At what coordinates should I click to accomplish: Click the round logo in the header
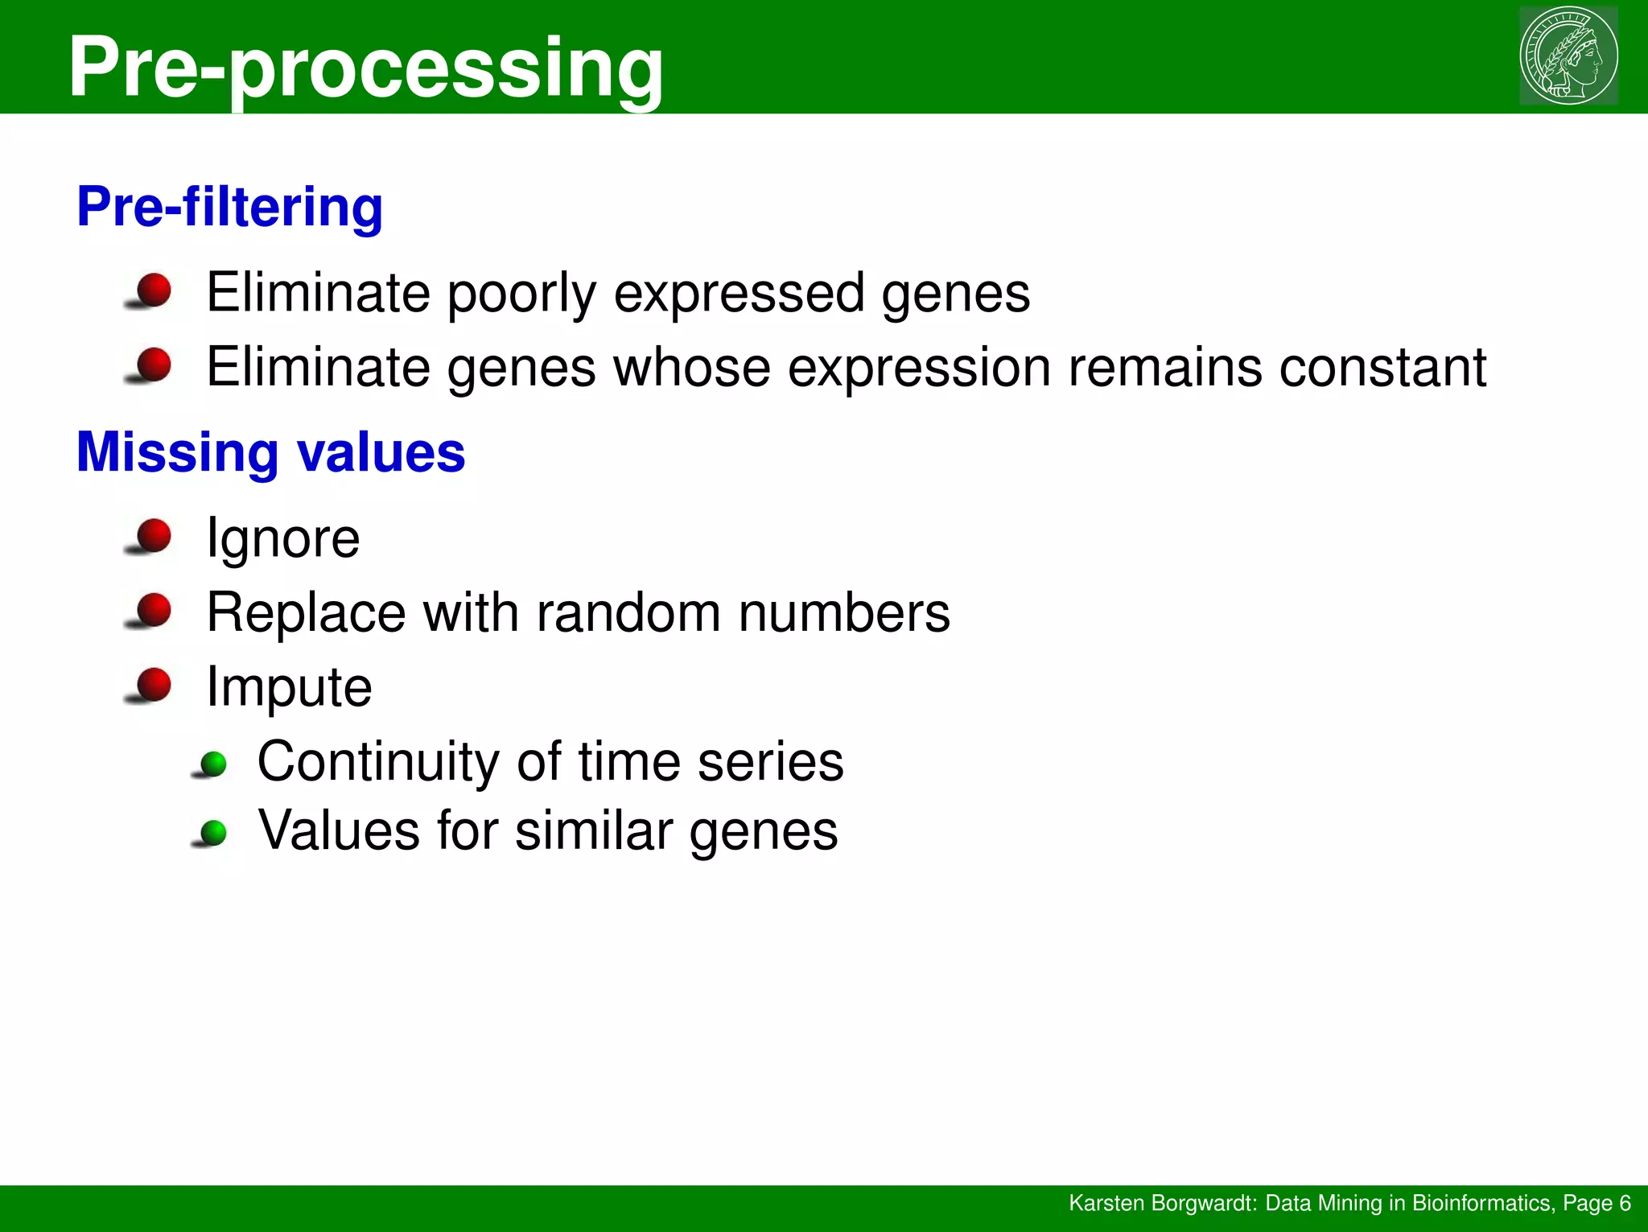[1568, 56]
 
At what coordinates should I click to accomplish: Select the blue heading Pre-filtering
[229, 207]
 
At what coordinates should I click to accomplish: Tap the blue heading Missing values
[270, 452]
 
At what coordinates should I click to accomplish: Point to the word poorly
[521, 294]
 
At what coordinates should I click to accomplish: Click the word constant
[1382, 368]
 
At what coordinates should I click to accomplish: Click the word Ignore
[282, 539]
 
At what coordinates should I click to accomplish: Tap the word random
[629, 613]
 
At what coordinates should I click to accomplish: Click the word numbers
[844, 613]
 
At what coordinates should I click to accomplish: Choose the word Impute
[289, 688]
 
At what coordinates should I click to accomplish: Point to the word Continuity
[378, 762]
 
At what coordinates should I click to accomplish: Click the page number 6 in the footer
[1624, 1203]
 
